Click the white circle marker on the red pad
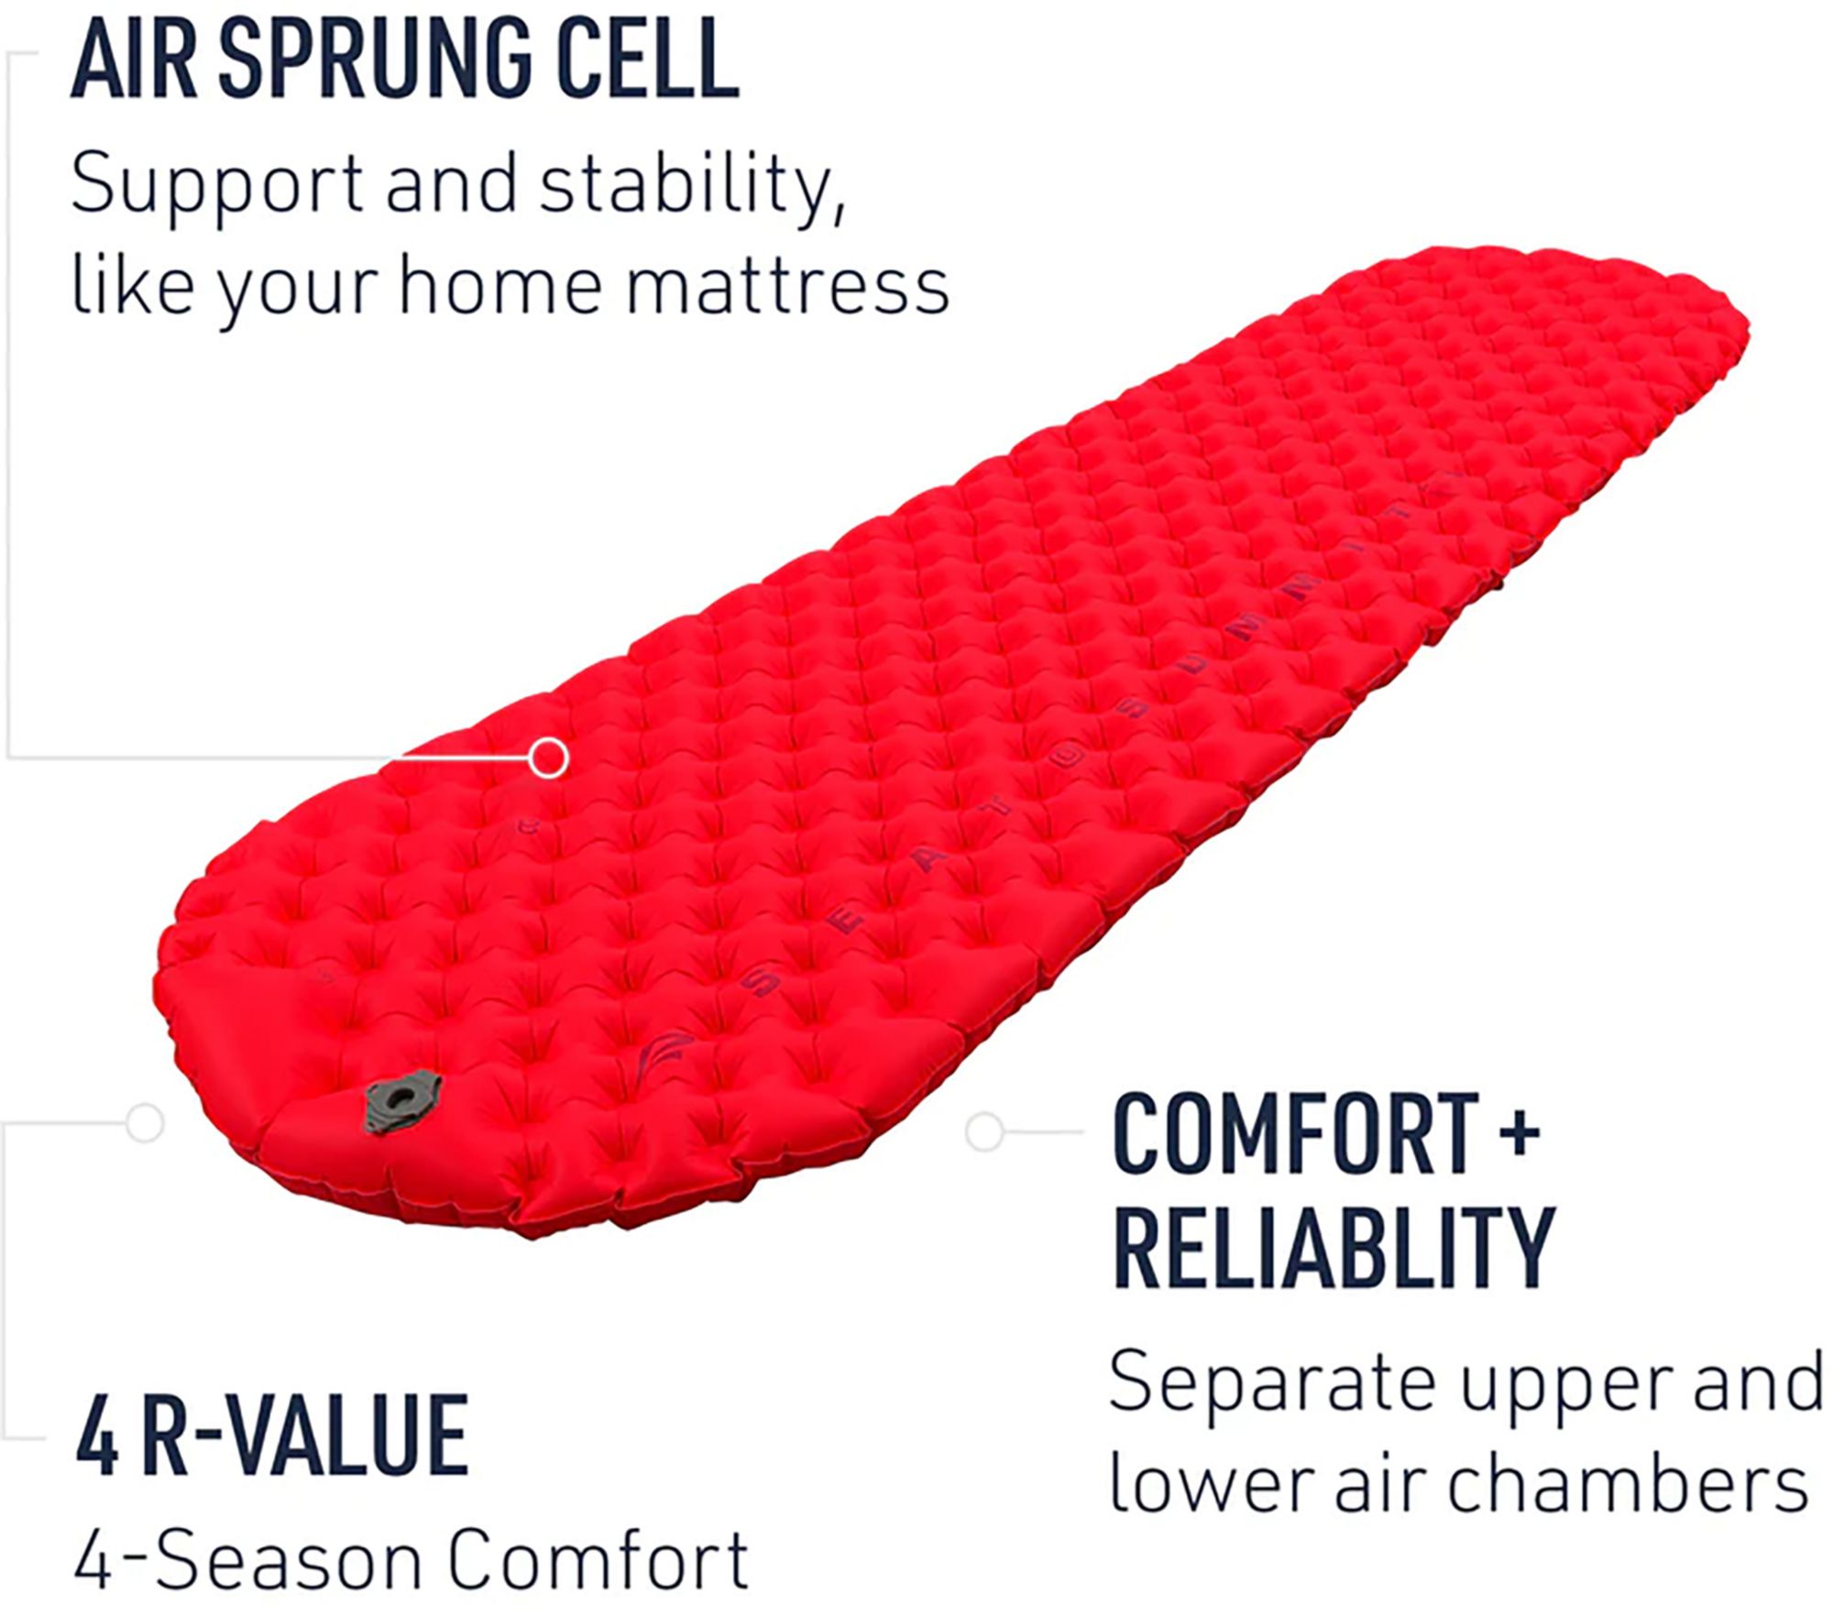pyautogui.click(x=549, y=758)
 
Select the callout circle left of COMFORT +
pyautogui.click(x=985, y=1131)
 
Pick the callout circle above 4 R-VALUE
pyautogui.click(x=145, y=1122)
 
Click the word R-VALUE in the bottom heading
pyautogui.click(x=305, y=1435)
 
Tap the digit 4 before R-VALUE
pyautogui.click(x=97, y=1435)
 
